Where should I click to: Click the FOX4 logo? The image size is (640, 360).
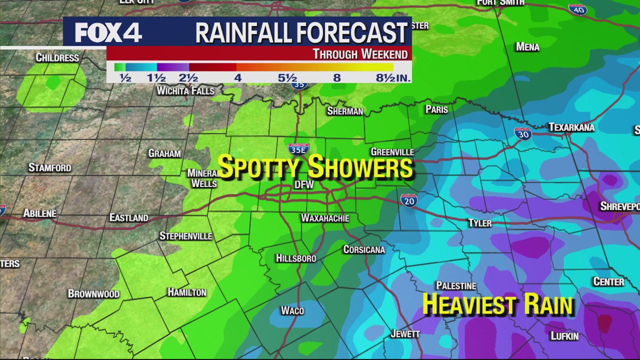tap(108, 32)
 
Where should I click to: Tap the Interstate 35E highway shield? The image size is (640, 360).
tap(298, 149)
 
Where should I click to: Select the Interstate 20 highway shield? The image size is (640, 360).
tap(409, 200)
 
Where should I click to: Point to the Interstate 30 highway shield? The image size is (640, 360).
tap(522, 133)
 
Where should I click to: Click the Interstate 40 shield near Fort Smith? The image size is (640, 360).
tap(577, 9)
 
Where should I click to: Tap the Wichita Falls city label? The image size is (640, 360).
tap(185, 91)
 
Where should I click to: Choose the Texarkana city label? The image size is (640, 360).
tap(571, 127)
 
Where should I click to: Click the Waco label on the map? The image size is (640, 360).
tap(292, 311)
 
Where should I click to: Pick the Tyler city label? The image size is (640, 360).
tap(479, 223)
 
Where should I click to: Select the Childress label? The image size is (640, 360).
tap(57, 58)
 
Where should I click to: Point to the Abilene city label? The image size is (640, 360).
tap(40, 213)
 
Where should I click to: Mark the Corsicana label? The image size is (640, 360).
tap(364, 249)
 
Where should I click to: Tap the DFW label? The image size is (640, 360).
tap(304, 185)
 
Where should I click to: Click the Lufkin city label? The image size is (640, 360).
tap(564, 336)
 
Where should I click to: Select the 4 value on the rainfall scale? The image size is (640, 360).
tap(238, 78)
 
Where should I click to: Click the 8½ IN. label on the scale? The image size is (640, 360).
tap(393, 78)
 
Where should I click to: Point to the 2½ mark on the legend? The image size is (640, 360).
tap(188, 78)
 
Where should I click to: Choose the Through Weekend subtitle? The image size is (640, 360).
tap(360, 54)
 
